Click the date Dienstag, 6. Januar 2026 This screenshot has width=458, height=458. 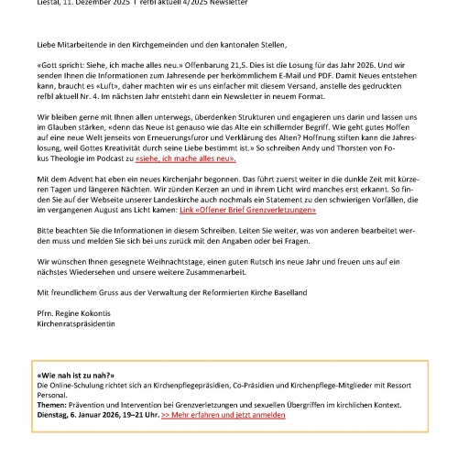pyautogui.click(x=86, y=415)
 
